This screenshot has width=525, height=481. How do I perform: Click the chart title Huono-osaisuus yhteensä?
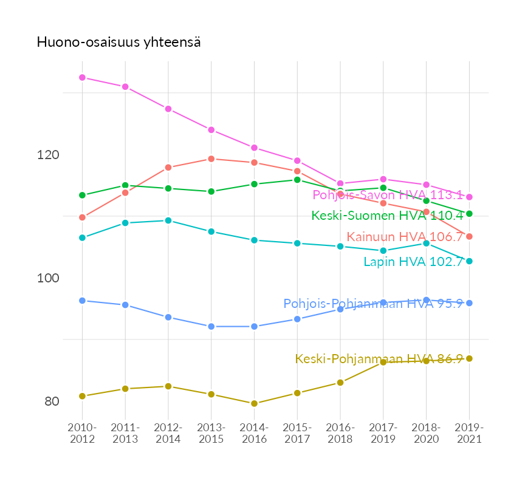(x=119, y=43)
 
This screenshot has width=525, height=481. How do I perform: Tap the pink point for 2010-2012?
(x=82, y=78)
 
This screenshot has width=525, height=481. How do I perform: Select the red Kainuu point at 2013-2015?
(x=211, y=159)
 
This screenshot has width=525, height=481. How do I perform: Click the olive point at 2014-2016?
(x=254, y=403)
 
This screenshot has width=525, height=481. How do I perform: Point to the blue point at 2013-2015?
(x=211, y=327)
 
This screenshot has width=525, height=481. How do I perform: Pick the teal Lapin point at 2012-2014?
(x=168, y=220)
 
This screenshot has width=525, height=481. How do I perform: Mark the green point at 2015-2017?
(x=297, y=180)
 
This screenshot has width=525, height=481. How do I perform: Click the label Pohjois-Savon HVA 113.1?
(x=388, y=195)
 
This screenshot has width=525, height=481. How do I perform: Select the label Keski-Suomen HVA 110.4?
(x=387, y=216)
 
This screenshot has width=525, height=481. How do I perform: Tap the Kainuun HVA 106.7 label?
(x=405, y=237)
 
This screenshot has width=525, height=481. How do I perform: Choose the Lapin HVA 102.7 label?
(x=413, y=262)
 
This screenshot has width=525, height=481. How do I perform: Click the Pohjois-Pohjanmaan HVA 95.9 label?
(x=373, y=304)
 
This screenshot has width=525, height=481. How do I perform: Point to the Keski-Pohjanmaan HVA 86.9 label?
(x=379, y=359)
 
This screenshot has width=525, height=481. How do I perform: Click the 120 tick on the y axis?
(x=48, y=155)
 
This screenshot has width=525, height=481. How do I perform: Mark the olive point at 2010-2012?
(x=82, y=396)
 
